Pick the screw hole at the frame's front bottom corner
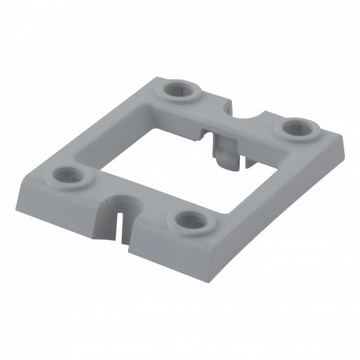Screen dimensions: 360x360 (x=189, y=219)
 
